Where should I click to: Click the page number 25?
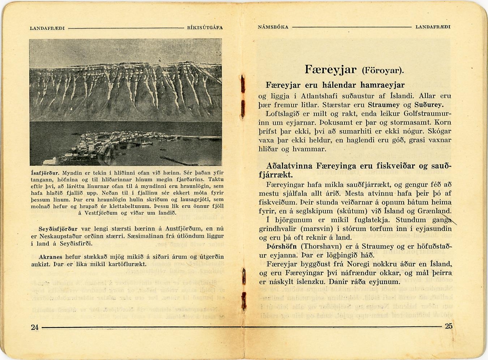pyautogui.click(x=448, y=326)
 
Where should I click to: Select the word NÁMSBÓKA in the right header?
pyautogui.click(x=273, y=27)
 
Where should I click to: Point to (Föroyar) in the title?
pyautogui.click(x=382, y=72)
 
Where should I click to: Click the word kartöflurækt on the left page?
pyautogui.click(x=118, y=265)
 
